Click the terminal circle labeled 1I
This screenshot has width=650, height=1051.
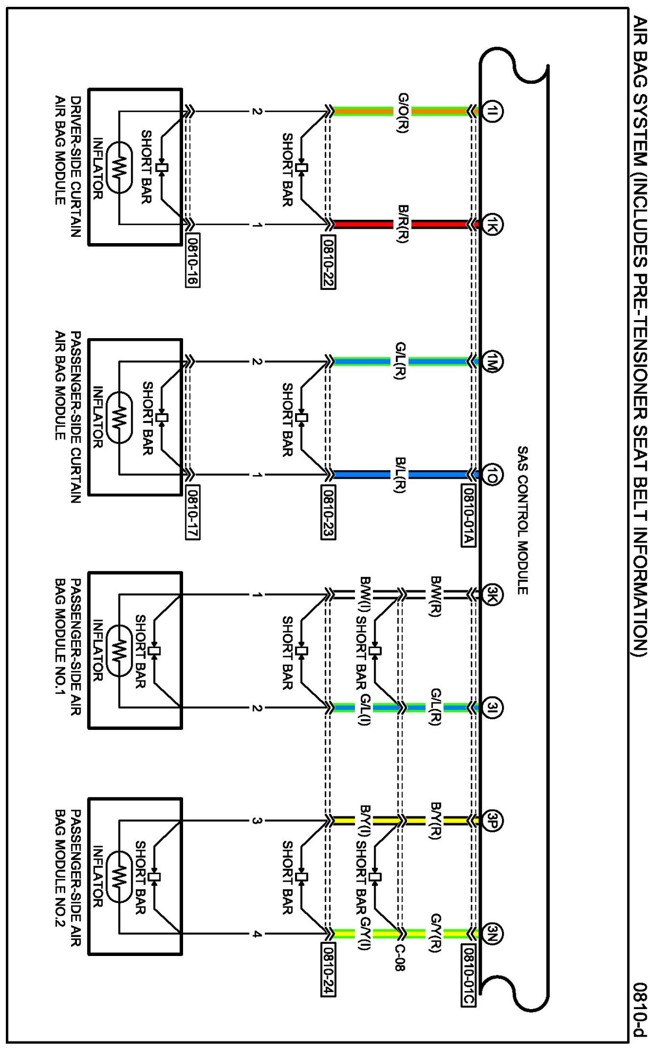point(492,111)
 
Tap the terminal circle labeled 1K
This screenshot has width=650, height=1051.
point(492,225)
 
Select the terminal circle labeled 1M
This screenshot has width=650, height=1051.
point(492,362)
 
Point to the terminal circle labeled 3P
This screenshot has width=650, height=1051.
point(492,821)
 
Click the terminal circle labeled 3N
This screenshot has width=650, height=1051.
point(492,934)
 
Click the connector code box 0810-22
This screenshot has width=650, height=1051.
point(328,261)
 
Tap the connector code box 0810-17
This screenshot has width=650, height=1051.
point(193,512)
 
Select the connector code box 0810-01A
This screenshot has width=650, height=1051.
point(468,515)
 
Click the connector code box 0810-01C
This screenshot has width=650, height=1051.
point(468,975)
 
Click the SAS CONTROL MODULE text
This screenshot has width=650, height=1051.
point(523,520)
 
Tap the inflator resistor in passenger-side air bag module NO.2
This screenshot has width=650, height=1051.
point(120,877)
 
